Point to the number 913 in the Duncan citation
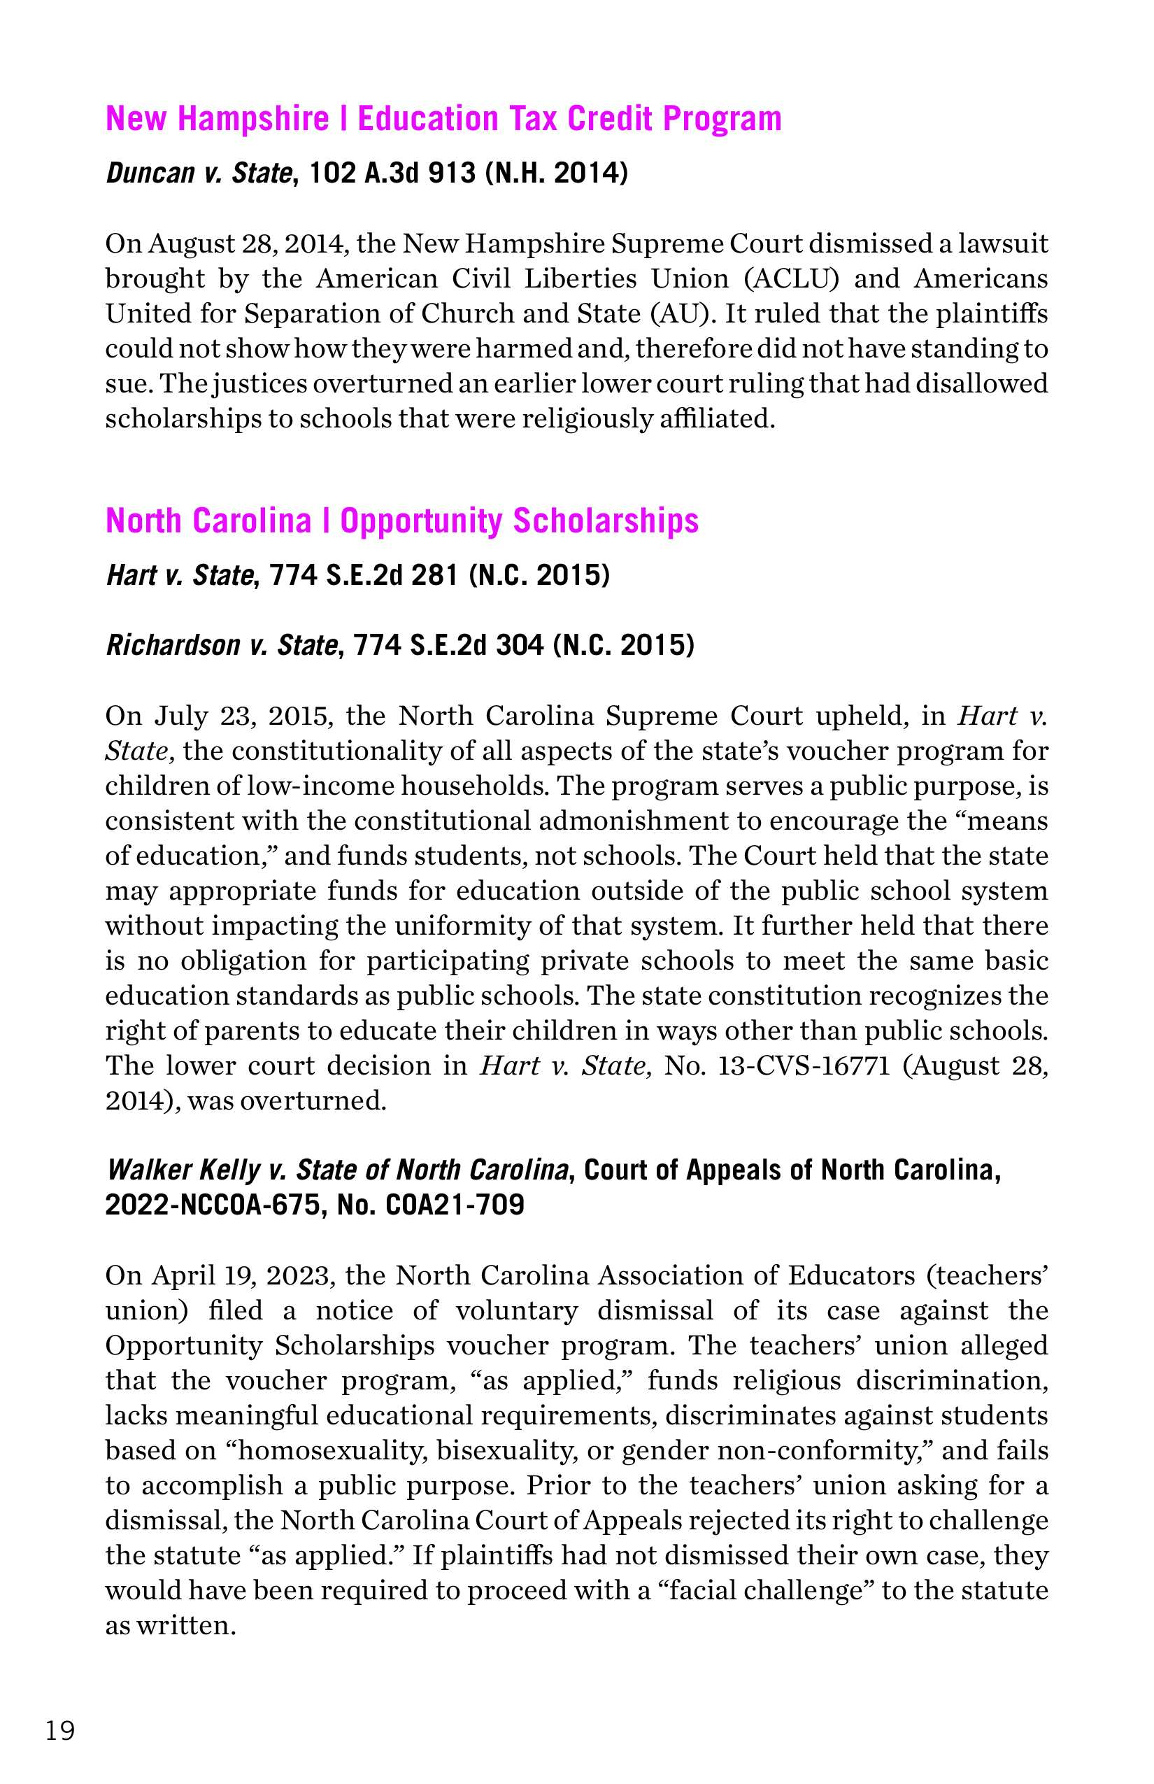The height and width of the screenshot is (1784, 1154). (451, 174)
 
